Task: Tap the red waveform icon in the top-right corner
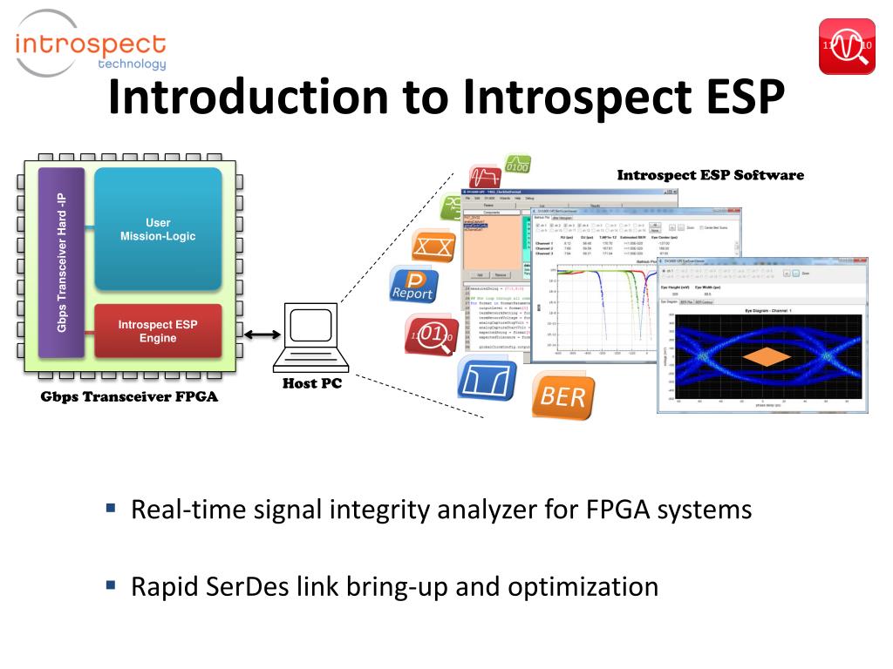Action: (x=847, y=46)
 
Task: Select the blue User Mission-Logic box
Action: (x=158, y=229)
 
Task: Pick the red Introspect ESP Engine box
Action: (x=158, y=331)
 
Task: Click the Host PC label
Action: (x=311, y=384)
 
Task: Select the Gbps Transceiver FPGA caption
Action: (x=129, y=398)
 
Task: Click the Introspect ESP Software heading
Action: (x=710, y=175)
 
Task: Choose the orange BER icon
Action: (x=563, y=396)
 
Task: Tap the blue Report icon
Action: (x=412, y=284)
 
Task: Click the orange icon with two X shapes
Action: (x=433, y=247)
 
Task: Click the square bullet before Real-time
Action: (x=111, y=507)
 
